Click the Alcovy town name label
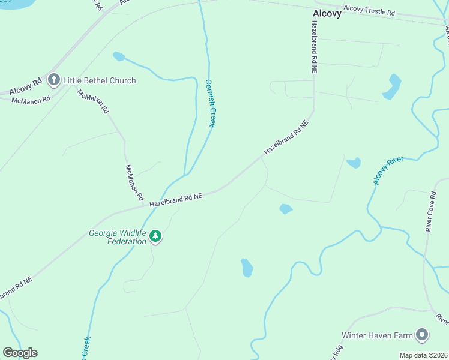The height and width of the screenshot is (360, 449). [327, 13]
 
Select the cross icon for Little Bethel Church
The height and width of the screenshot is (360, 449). [54, 80]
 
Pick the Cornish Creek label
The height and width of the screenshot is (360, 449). [210, 103]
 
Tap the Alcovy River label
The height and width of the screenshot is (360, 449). [387, 172]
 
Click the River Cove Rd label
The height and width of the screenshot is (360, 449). [430, 211]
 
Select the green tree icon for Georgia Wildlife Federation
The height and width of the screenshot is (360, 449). [156, 236]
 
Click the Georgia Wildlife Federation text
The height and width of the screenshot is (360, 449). [118, 237]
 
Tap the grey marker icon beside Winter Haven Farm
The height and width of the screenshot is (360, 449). [423, 335]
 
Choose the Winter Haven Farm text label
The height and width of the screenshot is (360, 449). [378, 335]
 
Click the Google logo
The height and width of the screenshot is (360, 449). [20, 353]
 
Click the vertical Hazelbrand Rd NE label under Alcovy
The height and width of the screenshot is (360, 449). [313, 46]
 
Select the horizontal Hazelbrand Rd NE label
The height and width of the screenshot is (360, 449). [176, 200]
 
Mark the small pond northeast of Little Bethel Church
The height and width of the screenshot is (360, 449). [118, 56]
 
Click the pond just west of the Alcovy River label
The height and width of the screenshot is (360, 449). [354, 163]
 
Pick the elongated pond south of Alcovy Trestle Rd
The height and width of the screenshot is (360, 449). [393, 86]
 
